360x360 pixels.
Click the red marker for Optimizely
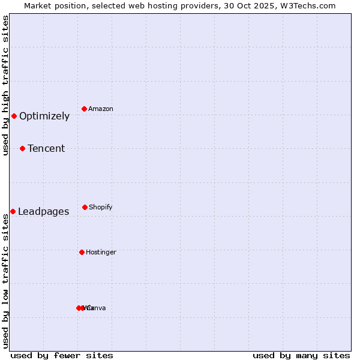14,116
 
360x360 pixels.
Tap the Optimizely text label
44,116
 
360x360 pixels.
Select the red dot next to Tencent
22,148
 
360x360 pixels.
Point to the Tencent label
46,149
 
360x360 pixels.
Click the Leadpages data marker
13,211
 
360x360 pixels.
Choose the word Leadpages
43,212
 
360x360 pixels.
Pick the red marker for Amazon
84,109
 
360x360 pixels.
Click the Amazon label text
101,109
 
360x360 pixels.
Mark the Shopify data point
85,207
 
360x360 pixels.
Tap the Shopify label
101,208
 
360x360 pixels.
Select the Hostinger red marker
82,252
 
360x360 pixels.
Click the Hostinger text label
101,253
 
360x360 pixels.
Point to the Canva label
97,308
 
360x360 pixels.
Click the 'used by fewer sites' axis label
62,355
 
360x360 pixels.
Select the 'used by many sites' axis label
301,355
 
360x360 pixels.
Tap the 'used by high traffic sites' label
6,85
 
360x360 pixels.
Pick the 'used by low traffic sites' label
6,281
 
